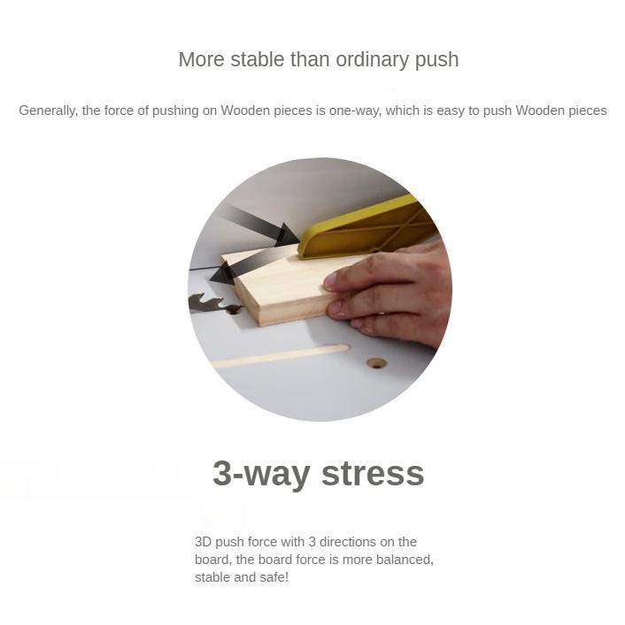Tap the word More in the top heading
click(x=202, y=60)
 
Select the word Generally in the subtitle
click(x=48, y=111)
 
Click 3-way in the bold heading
click(x=261, y=474)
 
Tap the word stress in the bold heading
click(x=373, y=474)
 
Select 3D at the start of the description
click(x=203, y=542)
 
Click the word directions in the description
click(x=348, y=542)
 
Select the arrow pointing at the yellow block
click(x=259, y=225)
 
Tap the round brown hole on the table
click(x=376, y=362)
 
